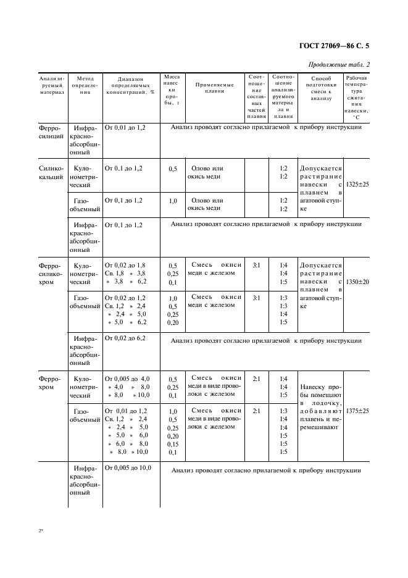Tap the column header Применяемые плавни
214,87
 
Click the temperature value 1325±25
357,184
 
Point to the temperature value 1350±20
357,282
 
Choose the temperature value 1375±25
357,411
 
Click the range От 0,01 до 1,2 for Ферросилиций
125,127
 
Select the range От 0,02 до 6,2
125,338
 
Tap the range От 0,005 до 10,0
128,467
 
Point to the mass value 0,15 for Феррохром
172,443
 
